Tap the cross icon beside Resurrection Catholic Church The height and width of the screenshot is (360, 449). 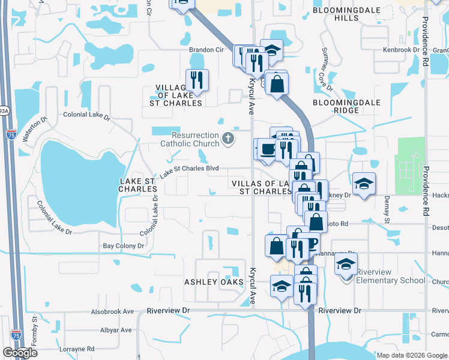tap(228, 139)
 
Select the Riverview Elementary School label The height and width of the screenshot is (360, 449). tap(391, 276)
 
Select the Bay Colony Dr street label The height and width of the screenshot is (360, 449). tap(124, 246)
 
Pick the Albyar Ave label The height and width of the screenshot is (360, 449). tap(116, 330)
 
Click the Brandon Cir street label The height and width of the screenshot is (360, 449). tap(205, 50)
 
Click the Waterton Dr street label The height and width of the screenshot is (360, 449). tap(34, 130)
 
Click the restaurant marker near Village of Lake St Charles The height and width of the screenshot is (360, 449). tap(197, 80)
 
